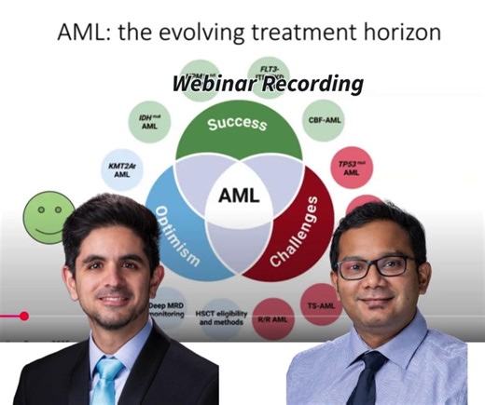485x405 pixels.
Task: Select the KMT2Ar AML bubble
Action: [x=118, y=169]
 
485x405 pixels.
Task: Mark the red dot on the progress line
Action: [x=24, y=316]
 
